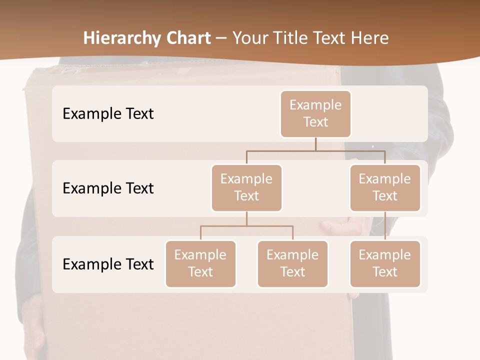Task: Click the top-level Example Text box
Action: [315, 113]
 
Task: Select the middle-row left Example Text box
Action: [246, 187]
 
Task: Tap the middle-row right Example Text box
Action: [385, 187]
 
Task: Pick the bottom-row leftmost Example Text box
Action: [200, 263]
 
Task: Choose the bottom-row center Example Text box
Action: [292, 263]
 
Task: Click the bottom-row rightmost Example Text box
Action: [385, 263]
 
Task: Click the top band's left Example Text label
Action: [108, 113]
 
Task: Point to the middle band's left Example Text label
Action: [108, 188]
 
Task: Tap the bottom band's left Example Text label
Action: [108, 264]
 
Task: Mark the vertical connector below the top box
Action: [315, 144]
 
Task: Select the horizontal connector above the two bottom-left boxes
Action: [246, 226]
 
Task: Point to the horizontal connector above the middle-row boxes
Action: [315, 150]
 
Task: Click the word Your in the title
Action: [249, 38]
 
